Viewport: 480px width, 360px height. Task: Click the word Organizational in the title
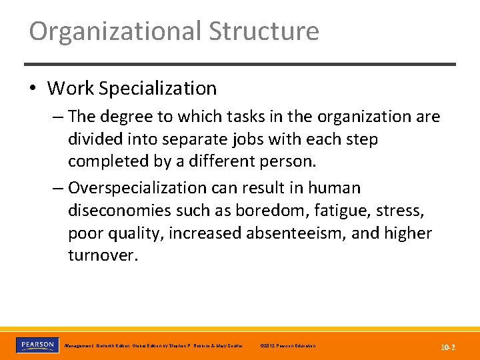tap(115, 31)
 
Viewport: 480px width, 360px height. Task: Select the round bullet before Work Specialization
tap(34, 89)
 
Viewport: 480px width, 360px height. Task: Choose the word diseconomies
tap(119, 211)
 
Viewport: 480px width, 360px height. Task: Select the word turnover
tap(101, 256)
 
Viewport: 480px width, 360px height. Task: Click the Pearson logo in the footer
tap(36, 345)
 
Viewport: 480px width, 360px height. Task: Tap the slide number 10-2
tap(447, 347)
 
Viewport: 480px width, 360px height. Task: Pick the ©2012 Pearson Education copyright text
tap(288, 346)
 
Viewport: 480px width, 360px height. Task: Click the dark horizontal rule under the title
tap(240, 64)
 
